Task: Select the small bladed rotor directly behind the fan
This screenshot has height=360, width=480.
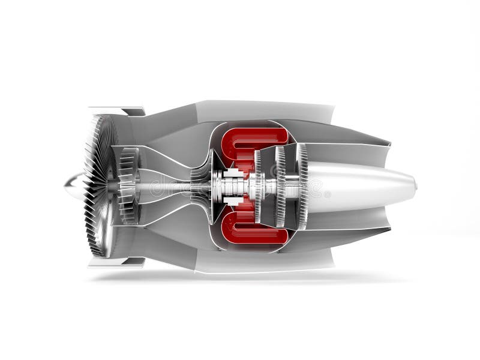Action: click(x=127, y=186)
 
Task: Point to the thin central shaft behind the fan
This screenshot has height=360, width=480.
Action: click(x=174, y=187)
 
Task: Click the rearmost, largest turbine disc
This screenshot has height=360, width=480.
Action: click(x=301, y=186)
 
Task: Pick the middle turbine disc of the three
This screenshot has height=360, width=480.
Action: click(x=280, y=186)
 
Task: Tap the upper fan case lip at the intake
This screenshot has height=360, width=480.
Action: click(x=117, y=111)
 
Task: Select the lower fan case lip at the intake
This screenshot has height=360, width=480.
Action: click(x=117, y=262)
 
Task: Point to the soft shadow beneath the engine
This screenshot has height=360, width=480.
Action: click(x=240, y=278)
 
